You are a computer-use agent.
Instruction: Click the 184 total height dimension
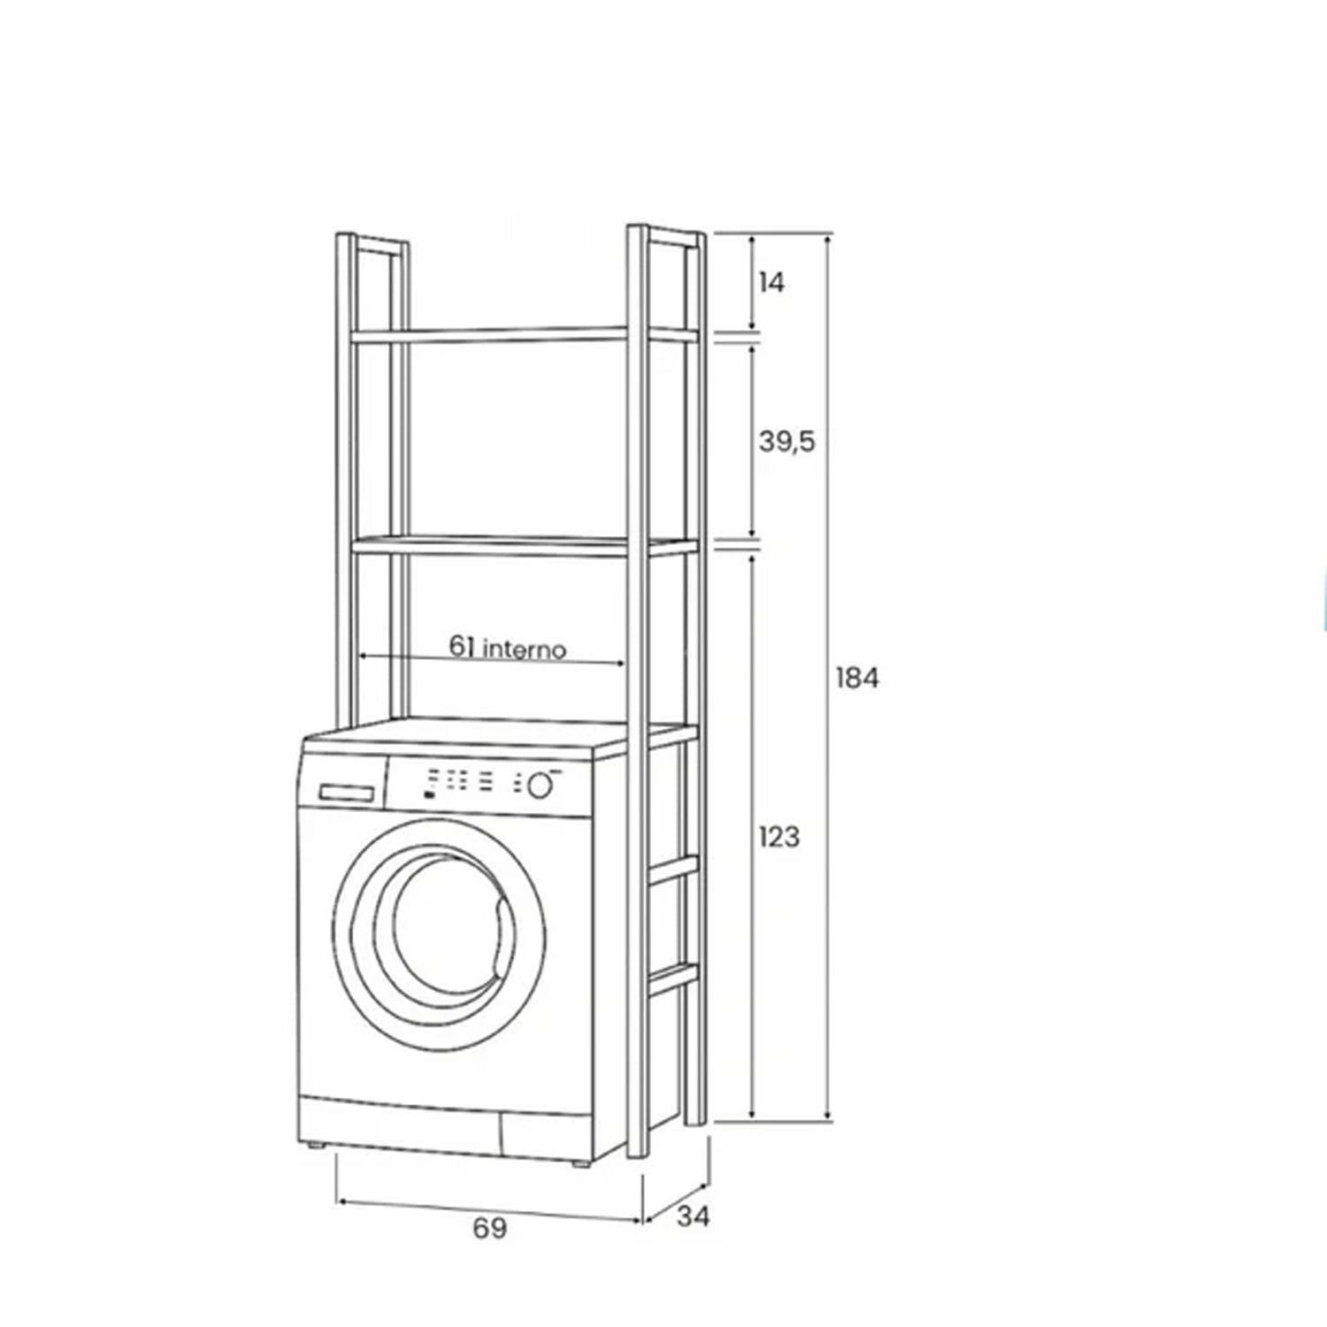point(857,679)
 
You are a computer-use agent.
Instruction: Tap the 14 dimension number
point(771,283)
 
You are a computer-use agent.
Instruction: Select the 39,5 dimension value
point(786,441)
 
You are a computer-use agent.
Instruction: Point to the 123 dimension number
point(779,837)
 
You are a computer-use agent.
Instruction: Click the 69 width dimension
point(489,1228)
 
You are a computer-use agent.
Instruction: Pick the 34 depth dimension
point(694,1216)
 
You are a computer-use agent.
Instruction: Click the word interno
point(525,649)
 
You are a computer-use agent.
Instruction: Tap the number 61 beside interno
point(462,647)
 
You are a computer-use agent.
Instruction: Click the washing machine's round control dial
point(539,785)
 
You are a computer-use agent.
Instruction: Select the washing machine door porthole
point(440,935)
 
